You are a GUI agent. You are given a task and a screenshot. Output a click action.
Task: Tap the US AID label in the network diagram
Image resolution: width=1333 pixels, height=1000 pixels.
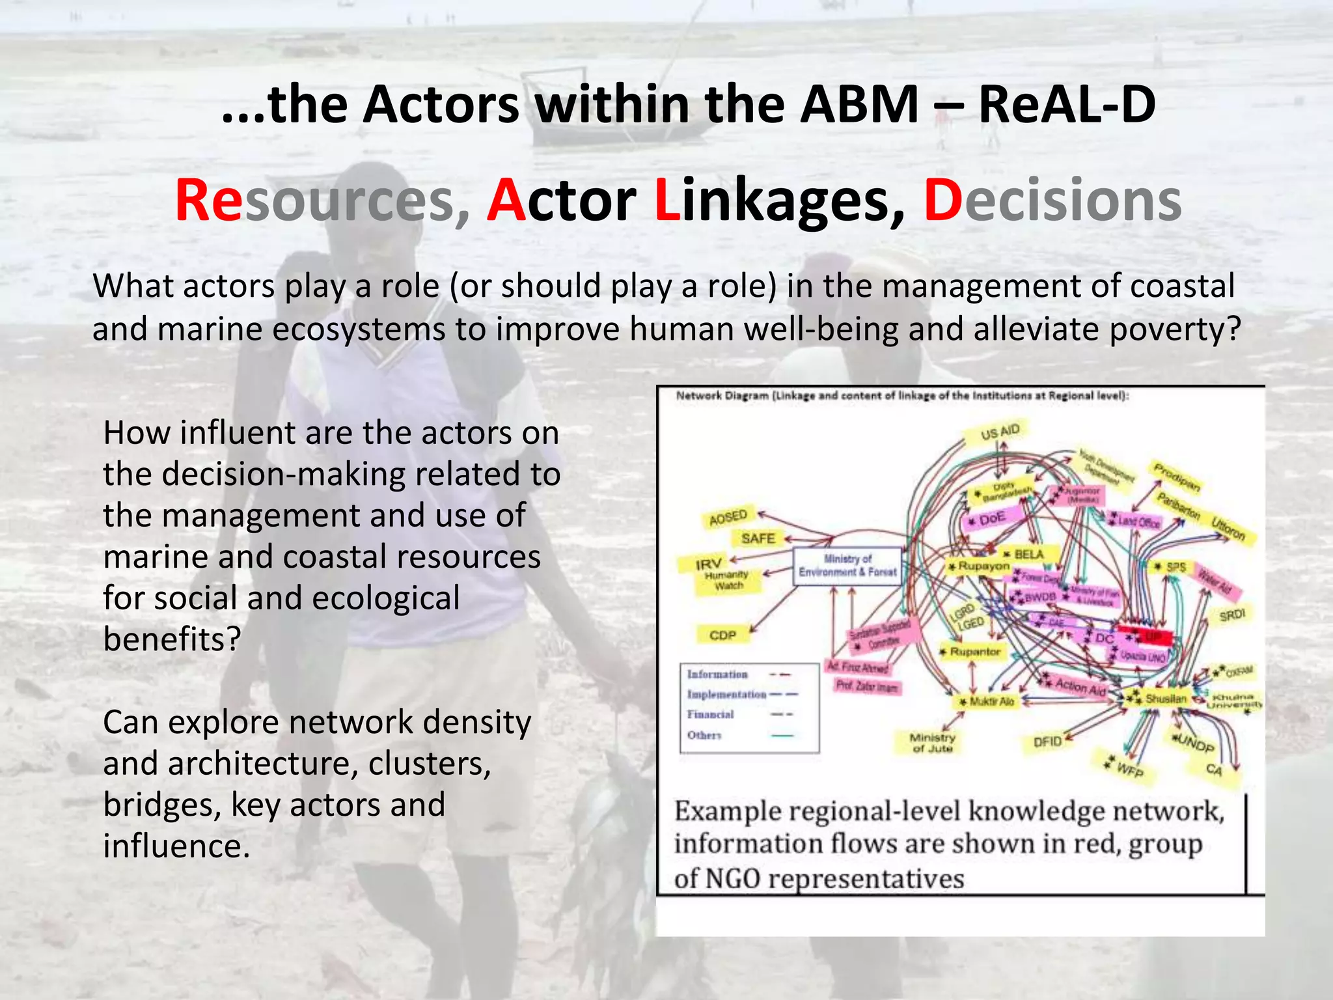pos(1000,432)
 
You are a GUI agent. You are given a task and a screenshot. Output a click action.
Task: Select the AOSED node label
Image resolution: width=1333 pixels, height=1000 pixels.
pos(728,518)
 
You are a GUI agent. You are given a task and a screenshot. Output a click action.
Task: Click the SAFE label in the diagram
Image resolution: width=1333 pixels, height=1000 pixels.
pos(758,538)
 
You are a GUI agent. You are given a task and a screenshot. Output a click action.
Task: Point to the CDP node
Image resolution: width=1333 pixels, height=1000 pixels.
pos(722,635)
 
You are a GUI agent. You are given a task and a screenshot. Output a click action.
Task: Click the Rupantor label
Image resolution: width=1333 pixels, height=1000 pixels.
pos(974,652)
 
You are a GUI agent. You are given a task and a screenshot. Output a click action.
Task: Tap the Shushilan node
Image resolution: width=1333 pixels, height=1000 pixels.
pos(1165,699)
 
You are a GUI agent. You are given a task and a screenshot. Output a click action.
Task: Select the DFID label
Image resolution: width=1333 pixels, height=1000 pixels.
pos(1047,742)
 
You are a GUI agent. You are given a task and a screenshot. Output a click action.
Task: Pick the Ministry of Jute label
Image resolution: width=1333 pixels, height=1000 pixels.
pos(932,743)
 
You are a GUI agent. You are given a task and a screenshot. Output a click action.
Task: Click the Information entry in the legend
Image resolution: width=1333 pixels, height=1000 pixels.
pos(717,674)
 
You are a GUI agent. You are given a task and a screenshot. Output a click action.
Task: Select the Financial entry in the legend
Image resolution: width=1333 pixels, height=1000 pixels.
pos(710,714)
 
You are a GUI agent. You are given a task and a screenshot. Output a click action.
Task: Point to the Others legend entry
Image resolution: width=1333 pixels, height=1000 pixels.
pos(704,735)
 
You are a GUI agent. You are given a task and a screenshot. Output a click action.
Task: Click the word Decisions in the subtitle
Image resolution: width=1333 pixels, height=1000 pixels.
pos(1052,201)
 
